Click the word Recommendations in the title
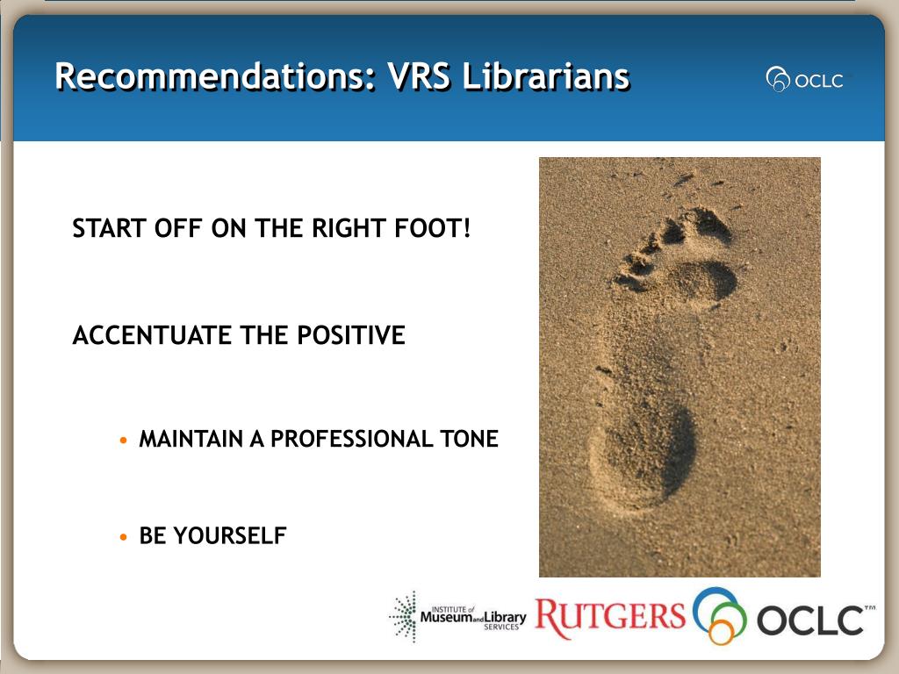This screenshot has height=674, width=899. click(216, 77)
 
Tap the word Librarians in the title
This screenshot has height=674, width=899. click(546, 77)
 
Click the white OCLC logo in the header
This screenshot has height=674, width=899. click(805, 80)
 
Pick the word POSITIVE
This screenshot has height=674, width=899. click(351, 335)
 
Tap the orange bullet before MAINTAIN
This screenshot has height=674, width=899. click(123, 441)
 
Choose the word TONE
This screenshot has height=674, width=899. click(470, 439)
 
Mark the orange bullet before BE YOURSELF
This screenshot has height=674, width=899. click(123, 537)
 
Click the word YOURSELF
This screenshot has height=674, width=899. click(230, 536)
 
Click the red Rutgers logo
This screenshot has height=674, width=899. click(610, 617)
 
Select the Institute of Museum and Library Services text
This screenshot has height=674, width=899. click(473, 618)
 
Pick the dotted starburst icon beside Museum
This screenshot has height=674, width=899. click(403, 617)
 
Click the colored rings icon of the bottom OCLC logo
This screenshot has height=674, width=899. click(720, 615)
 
